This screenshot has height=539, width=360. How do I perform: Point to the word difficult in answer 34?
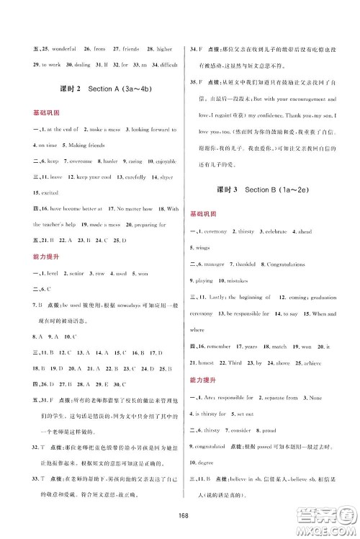click(x=160, y=65)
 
